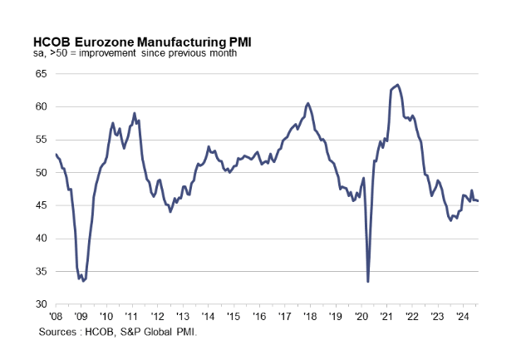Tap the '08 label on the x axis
tap(56, 317)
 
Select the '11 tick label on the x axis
tap(132, 317)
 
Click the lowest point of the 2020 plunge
tap(368, 281)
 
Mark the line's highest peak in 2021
tap(398, 84)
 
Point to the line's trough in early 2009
tap(83, 281)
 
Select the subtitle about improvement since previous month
tap(135, 53)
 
